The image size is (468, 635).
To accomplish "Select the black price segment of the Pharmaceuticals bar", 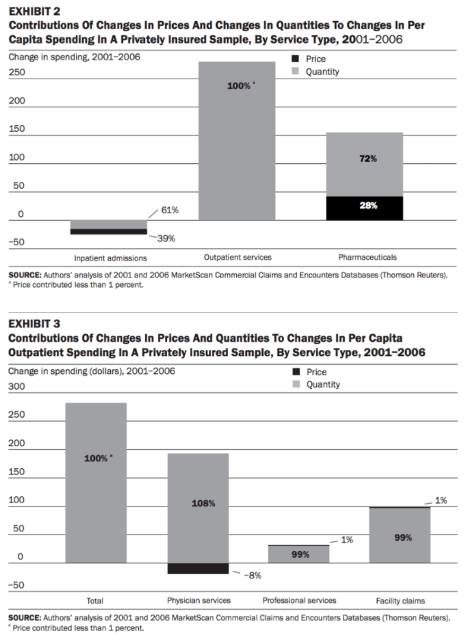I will coord(365,208).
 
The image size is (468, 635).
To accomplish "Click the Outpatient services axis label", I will coord(237,257).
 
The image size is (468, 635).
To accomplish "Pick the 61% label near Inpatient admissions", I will coord(170,210).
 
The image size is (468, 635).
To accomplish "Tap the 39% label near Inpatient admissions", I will coord(166,239).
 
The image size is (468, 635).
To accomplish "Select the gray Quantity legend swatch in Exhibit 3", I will coord(296,385).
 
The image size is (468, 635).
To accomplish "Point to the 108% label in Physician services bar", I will coord(203,504).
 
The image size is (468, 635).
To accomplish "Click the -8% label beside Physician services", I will coord(252,576).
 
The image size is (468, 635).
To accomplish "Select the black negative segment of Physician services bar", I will coord(198,568).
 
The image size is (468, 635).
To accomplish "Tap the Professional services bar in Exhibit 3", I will coord(298,554).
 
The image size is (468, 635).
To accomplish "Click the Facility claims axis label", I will coord(400,601).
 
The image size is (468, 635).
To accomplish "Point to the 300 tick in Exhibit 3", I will coord(16,386).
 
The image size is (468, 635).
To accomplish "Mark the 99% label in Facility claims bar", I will coord(403,537).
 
